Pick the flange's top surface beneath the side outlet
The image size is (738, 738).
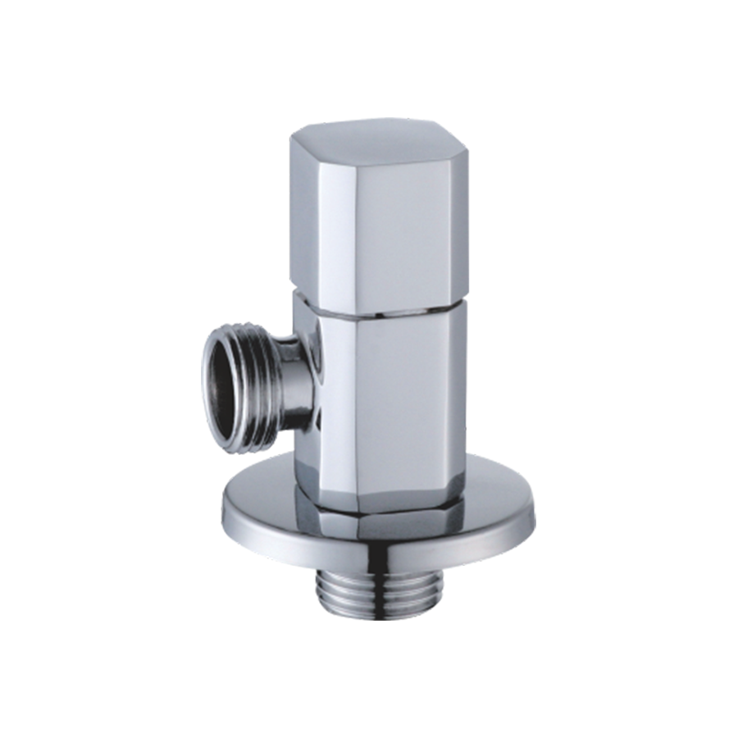pos(262,492)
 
